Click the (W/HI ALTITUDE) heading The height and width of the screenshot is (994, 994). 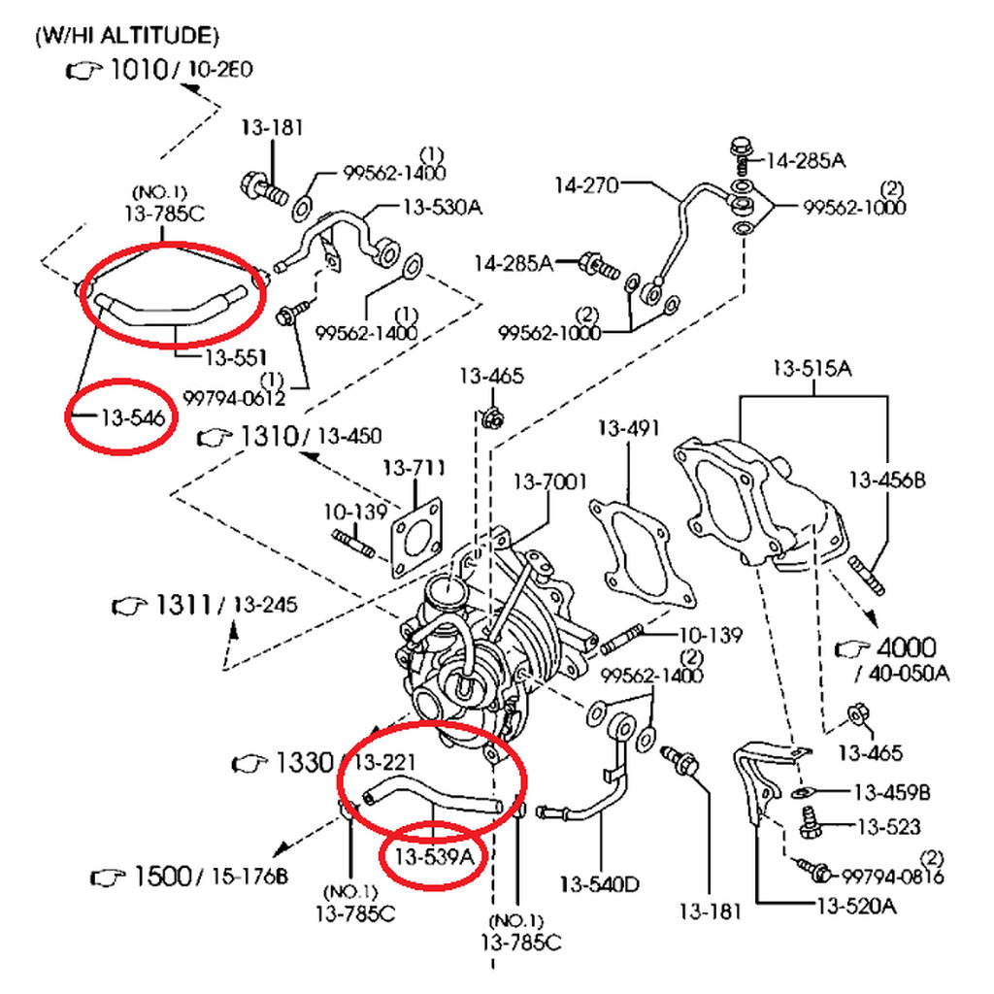point(127,36)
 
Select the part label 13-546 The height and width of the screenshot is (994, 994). point(133,417)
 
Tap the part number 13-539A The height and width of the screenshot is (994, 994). point(434,857)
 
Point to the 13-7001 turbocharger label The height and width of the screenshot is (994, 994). point(550,481)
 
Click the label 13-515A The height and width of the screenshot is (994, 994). point(812,368)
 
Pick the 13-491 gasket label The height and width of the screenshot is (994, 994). point(629,428)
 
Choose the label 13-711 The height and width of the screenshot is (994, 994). point(414,468)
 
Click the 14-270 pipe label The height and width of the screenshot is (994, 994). point(586,185)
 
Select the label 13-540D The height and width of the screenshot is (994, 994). point(600,883)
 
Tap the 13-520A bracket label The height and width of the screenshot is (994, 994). point(857,907)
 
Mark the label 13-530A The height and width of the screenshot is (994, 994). point(443,207)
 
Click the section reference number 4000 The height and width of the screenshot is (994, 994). point(907,647)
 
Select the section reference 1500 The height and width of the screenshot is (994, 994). point(163,877)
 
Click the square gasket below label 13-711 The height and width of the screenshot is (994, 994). point(416,538)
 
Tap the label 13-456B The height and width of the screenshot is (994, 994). point(887,480)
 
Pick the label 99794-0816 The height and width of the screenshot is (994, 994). point(893,877)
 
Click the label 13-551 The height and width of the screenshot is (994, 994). point(235,357)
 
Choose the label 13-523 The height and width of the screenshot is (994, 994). point(889,827)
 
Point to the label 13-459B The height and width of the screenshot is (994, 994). point(893,792)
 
